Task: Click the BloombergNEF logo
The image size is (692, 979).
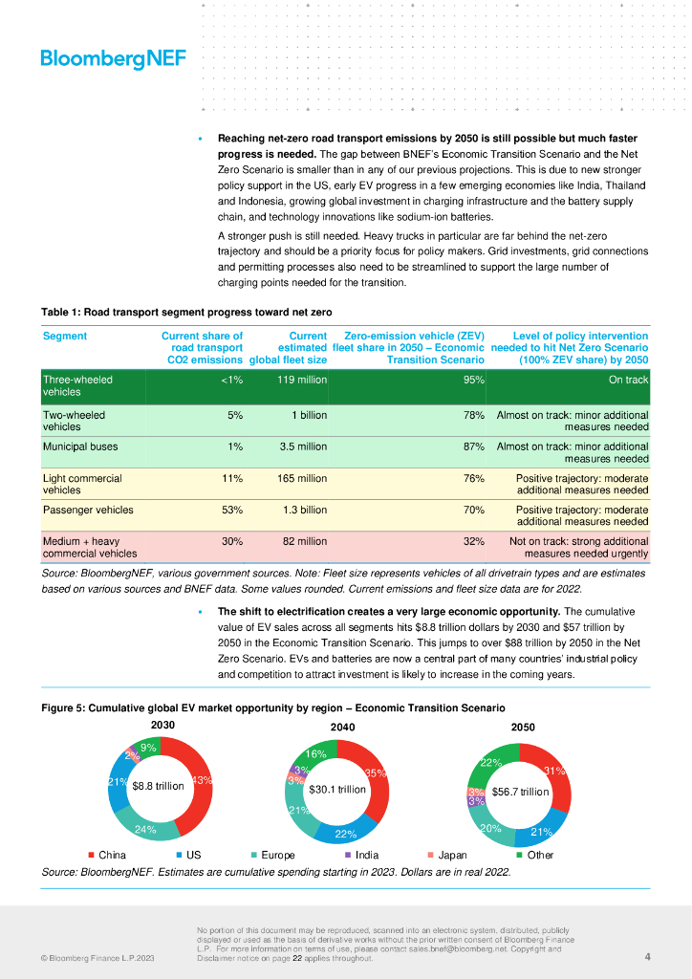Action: coord(113,58)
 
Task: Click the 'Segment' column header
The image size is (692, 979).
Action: coord(65,337)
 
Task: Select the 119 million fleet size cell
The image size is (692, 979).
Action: coord(302,380)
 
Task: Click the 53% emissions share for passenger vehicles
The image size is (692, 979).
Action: coord(232,510)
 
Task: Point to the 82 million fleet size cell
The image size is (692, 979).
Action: coord(303,541)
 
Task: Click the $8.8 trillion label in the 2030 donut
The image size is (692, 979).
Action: coord(159,786)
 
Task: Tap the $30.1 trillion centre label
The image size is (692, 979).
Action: coord(337,790)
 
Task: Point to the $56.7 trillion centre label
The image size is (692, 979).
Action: coord(520,792)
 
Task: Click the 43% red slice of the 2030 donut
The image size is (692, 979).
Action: coord(201,781)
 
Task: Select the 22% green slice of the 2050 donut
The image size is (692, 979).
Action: coord(491,763)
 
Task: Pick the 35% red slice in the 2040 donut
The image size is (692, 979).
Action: coord(375,773)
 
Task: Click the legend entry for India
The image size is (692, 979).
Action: coord(366,855)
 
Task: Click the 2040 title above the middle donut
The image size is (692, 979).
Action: coord(342,728)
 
